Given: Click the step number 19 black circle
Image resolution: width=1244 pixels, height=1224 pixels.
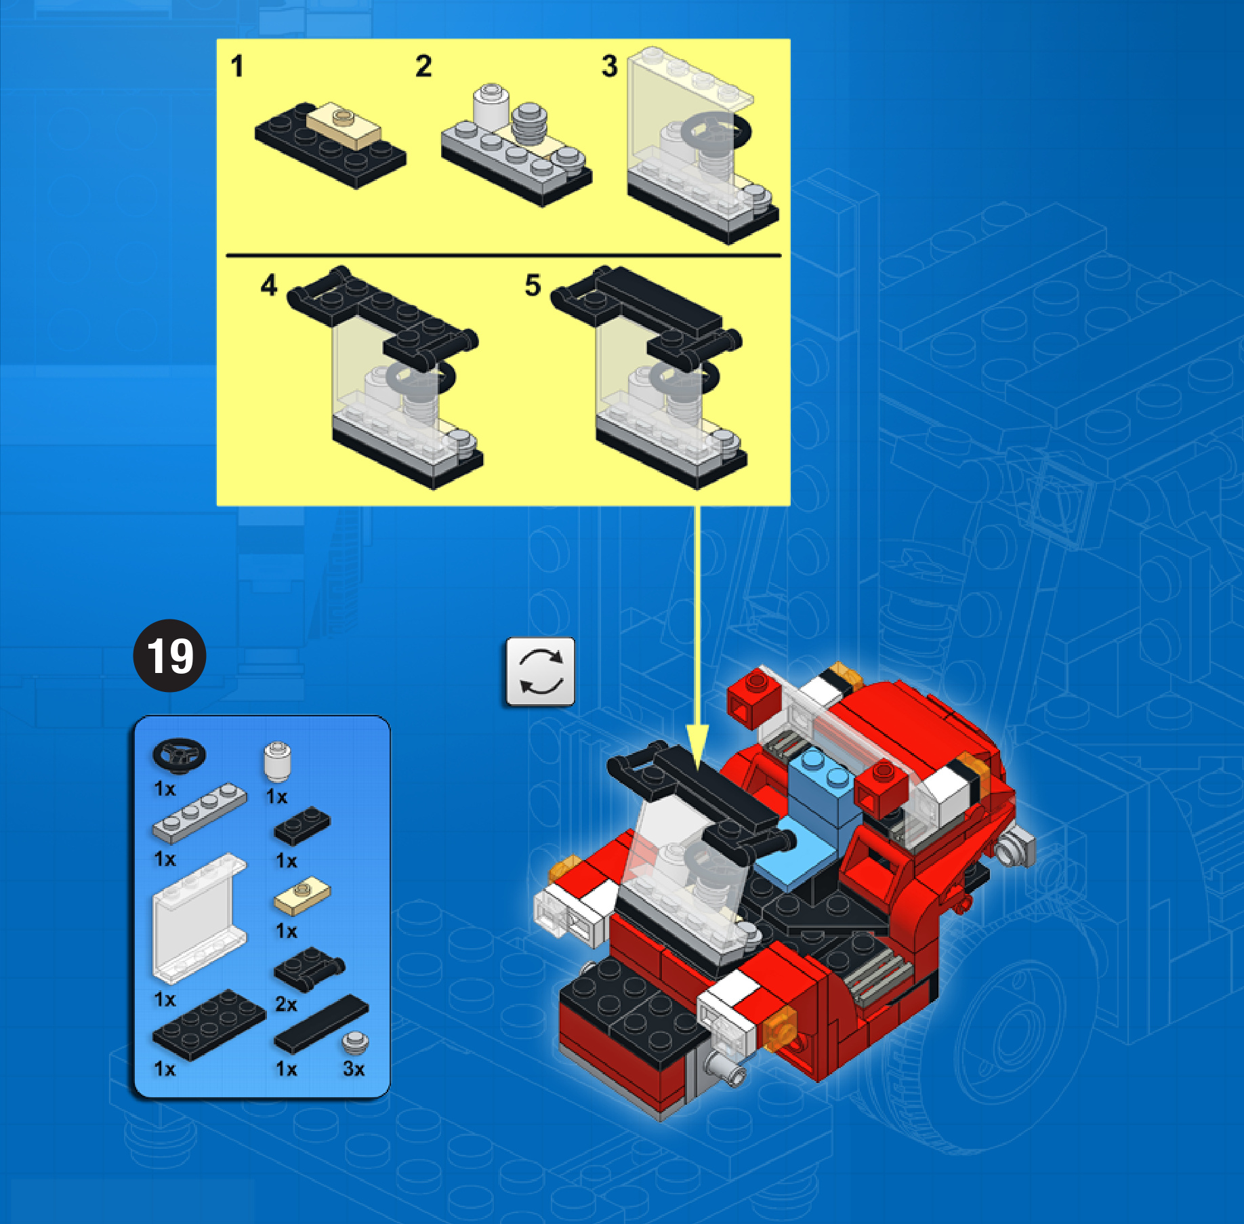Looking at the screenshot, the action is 169,655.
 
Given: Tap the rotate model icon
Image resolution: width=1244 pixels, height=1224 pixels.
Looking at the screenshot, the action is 540,671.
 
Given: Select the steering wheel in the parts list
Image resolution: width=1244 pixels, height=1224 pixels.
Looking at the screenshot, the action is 180,755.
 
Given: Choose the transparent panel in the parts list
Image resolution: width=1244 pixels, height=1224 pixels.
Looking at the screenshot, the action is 199,918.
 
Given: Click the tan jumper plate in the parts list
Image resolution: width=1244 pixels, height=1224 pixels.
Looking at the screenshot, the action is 302,895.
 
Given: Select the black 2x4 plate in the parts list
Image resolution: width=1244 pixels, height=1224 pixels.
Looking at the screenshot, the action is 209,1024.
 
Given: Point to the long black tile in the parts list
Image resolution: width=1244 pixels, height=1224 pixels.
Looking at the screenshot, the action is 321,1023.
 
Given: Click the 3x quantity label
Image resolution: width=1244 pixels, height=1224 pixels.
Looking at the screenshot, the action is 354,1069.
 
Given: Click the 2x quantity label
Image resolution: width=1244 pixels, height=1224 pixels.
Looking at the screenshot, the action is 286,1004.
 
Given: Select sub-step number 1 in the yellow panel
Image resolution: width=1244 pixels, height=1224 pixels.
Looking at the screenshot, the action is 236,66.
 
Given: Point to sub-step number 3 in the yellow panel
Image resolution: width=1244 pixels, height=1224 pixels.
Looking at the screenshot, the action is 610,66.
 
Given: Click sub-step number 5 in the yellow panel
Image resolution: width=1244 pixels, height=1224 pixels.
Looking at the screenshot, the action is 533,285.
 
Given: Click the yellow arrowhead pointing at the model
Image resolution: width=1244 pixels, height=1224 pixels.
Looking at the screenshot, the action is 697,746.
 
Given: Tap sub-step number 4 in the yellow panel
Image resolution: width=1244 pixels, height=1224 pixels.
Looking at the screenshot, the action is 269,285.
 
